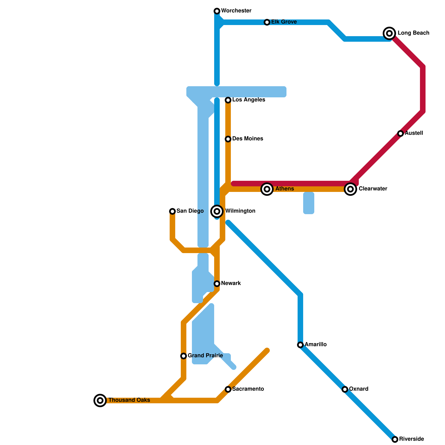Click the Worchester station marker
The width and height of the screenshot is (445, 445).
[x=217, y=11]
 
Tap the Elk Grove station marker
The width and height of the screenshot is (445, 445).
[x=267, y=22]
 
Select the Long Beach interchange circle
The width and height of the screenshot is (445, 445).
[x=389, y=33]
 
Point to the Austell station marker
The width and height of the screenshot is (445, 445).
[x=400, y=133]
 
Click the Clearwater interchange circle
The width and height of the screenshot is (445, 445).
[x=350, y=189]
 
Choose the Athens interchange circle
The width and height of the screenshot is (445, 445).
[x=267, y=189]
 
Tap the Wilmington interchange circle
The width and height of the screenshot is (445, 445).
[x=217, y=211]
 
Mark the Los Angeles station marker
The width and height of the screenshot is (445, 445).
[x=228, y=100]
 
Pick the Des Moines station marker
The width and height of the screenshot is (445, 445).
[x=228, y=139]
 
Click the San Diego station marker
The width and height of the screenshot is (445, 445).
[x=172, y=211]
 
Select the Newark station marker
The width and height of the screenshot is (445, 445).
[x=217, y=284]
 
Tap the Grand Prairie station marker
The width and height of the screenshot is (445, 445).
[x=184, y=356]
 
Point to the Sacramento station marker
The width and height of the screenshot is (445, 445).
[x=228, y=389]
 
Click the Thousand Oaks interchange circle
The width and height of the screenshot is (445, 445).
[x=100, y=400]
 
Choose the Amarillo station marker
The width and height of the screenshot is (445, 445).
[x=300, y=345]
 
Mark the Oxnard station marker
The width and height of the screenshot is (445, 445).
[x=345, y=389]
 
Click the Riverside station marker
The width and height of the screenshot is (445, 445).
[x=395, y=439]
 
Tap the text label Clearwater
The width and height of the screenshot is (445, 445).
[x=373, y=189]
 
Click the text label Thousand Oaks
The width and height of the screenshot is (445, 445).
[x=129, y=400]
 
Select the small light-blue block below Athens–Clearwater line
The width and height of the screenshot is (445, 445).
[x=309, y=203]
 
